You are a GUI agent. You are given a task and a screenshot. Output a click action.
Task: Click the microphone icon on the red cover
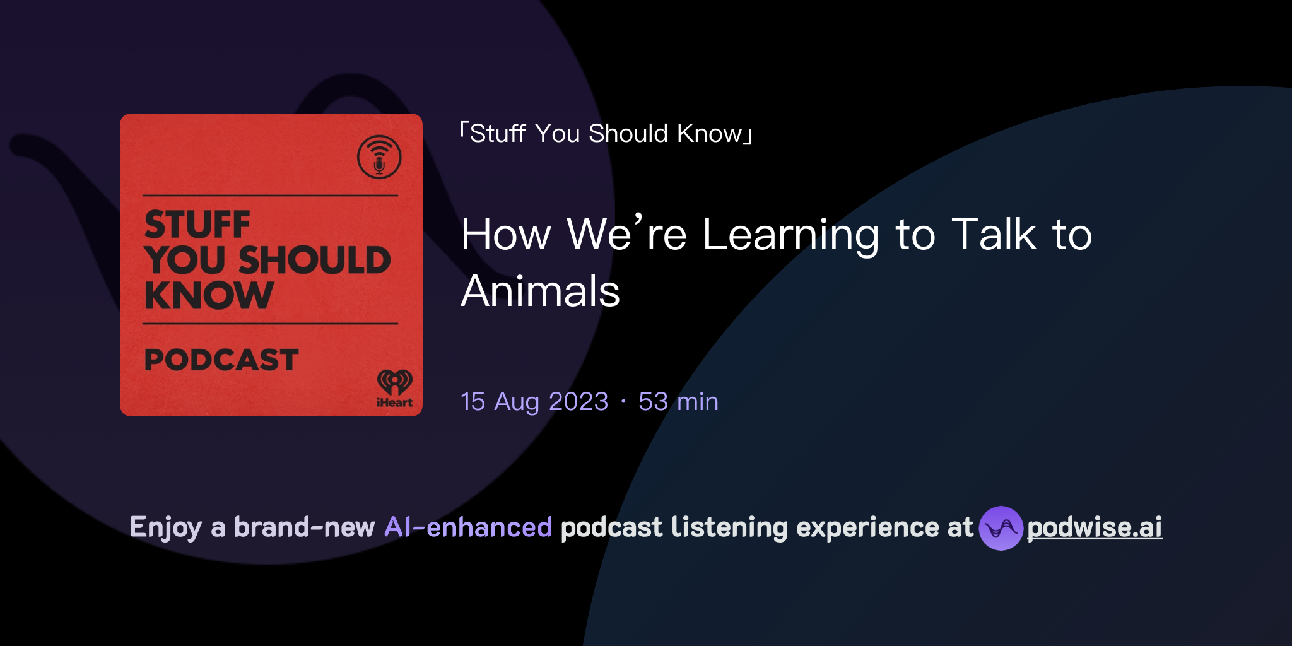click(x=379, y=157)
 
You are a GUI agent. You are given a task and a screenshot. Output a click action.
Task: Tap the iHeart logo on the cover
click(x=395, y=388)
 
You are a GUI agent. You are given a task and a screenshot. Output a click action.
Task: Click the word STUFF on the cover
click(x=197, y=225)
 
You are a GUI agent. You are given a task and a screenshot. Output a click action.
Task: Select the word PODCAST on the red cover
click(x=221, y=360)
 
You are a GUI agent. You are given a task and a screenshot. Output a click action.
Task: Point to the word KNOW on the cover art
click(x=209, y=295)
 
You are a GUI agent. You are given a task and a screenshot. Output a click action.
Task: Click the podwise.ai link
click(x=1094, y=527)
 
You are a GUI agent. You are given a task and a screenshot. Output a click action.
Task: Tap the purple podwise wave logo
click(x=1001, y=528)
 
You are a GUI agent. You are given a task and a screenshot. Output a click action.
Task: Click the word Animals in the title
click(x=540, y=291)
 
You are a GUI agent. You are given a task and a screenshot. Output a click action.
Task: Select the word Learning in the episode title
click(x=790, y=235)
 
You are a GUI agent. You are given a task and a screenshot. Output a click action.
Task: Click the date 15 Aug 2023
click(x=534, y=402)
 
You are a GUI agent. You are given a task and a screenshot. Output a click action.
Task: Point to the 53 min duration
click(x=678, y=402)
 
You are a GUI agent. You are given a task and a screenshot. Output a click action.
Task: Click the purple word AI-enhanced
click(x=468, y=527)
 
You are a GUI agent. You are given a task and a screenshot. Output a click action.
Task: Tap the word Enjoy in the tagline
click(x=165, y=527)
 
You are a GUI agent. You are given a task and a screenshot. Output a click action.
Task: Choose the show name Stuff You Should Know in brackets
click(x=606, y=134)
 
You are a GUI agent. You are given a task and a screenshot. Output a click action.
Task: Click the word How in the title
click(x=506, y=235)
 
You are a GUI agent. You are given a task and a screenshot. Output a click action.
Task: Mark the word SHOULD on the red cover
click(x=314, y=260)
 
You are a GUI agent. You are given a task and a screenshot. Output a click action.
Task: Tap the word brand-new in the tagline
click(x=304, y=527)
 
